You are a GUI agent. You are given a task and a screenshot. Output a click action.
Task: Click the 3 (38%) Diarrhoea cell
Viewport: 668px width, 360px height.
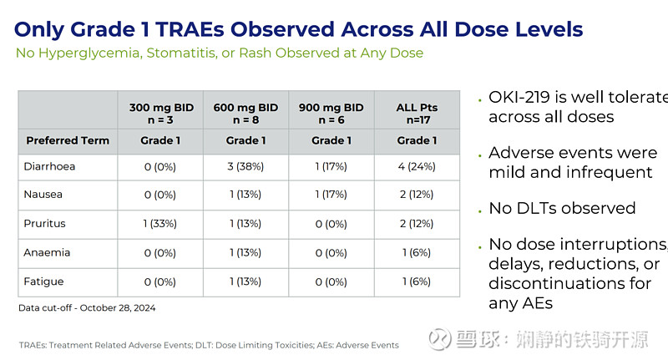point(245,166)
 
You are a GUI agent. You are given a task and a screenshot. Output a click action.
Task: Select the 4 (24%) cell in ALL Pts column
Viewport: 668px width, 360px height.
point(417,166)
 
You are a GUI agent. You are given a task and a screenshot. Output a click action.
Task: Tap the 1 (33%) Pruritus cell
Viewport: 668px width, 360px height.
point(159,224)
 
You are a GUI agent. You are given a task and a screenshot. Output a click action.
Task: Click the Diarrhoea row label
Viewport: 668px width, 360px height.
point(50,166)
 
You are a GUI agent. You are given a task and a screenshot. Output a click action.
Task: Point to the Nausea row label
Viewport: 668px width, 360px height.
point(44,195)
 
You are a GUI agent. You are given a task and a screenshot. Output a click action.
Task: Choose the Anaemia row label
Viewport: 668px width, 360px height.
point(48,252)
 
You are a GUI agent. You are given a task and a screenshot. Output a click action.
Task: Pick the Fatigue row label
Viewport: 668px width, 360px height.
point(44,281)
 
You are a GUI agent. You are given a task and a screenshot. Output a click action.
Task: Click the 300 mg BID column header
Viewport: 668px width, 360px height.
point(159,113)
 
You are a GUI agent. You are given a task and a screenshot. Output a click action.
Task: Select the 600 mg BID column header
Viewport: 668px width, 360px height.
point(245,113)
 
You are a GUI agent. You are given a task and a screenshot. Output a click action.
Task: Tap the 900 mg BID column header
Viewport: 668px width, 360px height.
point(331,113)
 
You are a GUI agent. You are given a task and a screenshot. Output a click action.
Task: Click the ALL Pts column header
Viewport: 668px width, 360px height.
point(417,113)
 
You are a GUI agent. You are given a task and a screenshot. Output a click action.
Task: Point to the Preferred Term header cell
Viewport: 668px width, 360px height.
point(68,140)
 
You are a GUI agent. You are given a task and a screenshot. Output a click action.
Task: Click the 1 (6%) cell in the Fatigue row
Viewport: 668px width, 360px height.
point(417,281)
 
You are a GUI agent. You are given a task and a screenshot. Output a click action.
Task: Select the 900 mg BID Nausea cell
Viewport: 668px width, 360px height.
point(331,195)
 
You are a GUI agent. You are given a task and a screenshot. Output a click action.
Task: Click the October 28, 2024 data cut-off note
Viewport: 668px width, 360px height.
point(87,307)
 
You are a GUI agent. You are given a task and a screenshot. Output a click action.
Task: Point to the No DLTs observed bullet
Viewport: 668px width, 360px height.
point(562,208)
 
